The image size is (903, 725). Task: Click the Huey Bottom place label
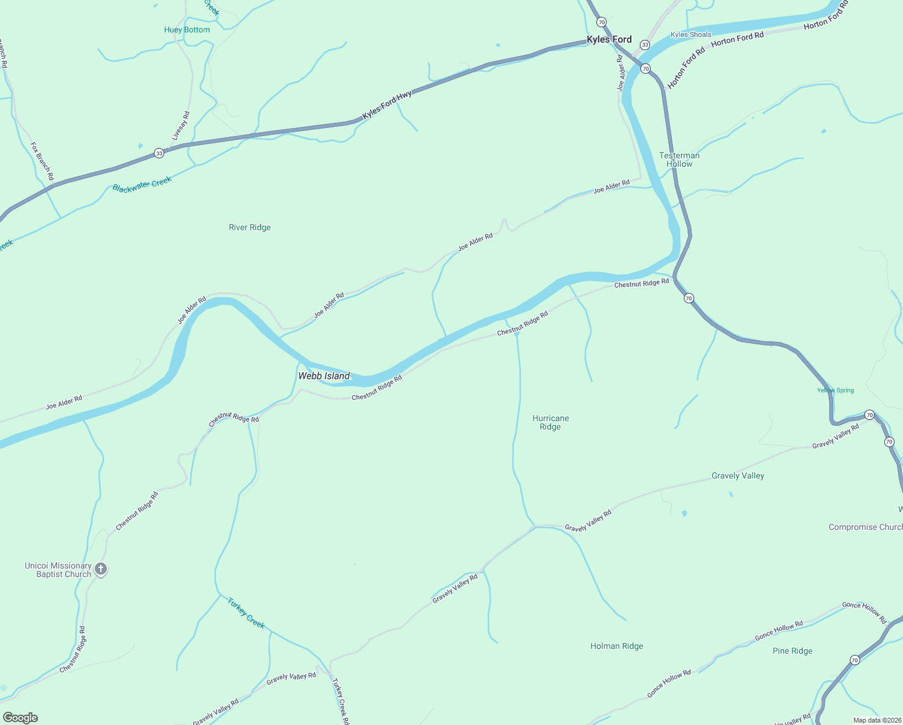tap(187, 30)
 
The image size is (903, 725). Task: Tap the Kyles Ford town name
tap(609, 40)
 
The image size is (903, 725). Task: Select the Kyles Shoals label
tap(691, 34)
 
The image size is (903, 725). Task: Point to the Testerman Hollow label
tap(679, 159)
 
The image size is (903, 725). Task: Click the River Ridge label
tap(250, 227)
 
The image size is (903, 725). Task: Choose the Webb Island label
tap(324, 376)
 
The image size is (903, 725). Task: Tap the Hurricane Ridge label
tap(550, 422)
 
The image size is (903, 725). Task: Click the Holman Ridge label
tap(616, 646)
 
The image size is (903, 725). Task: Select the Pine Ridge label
tap(792, 651)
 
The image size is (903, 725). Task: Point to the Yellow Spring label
tap(835, 390)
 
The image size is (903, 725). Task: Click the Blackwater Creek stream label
tap(142, 184)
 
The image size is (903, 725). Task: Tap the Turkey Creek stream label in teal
tap(246, 613)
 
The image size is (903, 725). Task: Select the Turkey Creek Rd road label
tap(340, 701)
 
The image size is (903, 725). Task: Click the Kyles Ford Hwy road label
tap(387, 105)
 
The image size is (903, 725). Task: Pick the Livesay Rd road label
tap(180, 126)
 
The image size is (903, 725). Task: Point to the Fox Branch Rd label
tap(42, 161)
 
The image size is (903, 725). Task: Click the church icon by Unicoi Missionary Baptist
tap(101, 569)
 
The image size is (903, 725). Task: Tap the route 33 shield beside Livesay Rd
tap(159, 153)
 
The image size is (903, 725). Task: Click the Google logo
tap(21, 718)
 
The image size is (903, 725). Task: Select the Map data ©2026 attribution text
tap(876, 720)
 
